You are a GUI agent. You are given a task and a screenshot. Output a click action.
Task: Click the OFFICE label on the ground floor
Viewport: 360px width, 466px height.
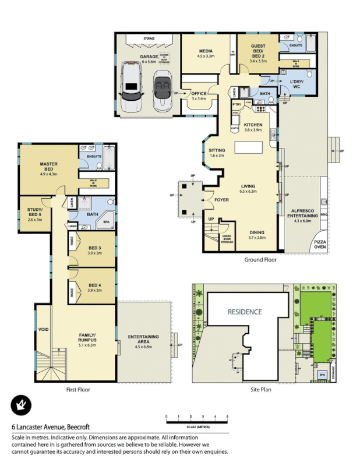(x=199, y=93)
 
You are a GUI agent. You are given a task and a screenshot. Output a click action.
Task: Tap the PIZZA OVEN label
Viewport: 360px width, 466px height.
(x=320, y=243)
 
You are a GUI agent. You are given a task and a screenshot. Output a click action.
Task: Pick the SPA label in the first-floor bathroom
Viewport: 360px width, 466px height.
(x=106, y=222)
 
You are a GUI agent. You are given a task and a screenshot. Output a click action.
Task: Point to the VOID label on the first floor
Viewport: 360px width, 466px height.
(x=43, y=330)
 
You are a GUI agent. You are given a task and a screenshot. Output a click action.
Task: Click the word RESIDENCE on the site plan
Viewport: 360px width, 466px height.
(x=244, y=312)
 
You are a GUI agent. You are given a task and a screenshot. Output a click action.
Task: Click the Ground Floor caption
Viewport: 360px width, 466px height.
(x=260, y=260)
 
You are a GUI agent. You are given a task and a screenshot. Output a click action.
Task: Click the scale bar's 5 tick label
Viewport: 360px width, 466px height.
(x=227, y=416)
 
